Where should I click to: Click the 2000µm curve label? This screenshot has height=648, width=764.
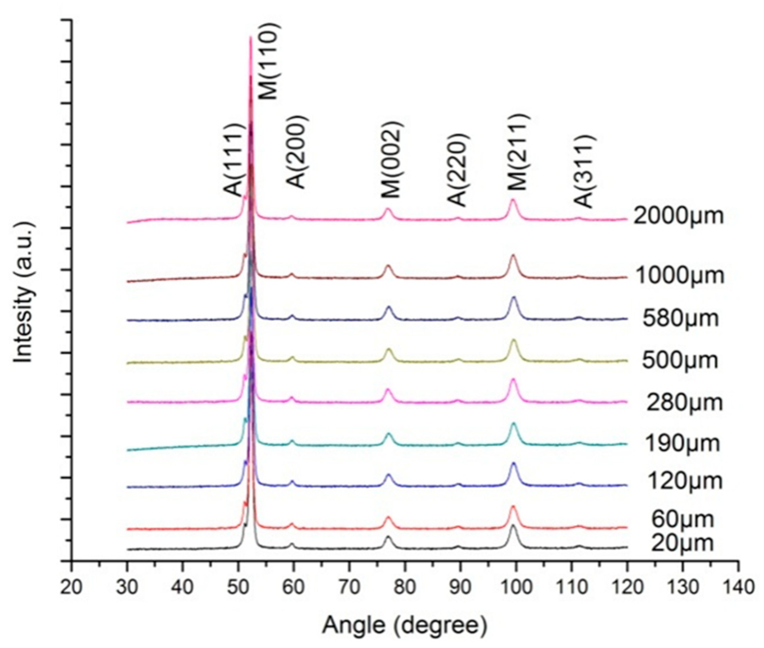click(x=677, y=216)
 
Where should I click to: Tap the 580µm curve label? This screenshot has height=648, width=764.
click(x=680, y=318)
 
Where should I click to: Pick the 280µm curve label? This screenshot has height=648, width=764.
click(x=684, y=403)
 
